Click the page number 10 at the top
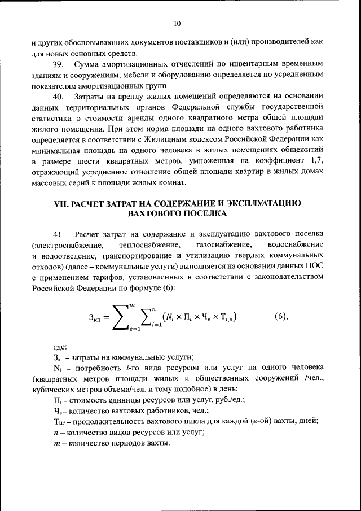[177, 23]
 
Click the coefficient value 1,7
[316, 161]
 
